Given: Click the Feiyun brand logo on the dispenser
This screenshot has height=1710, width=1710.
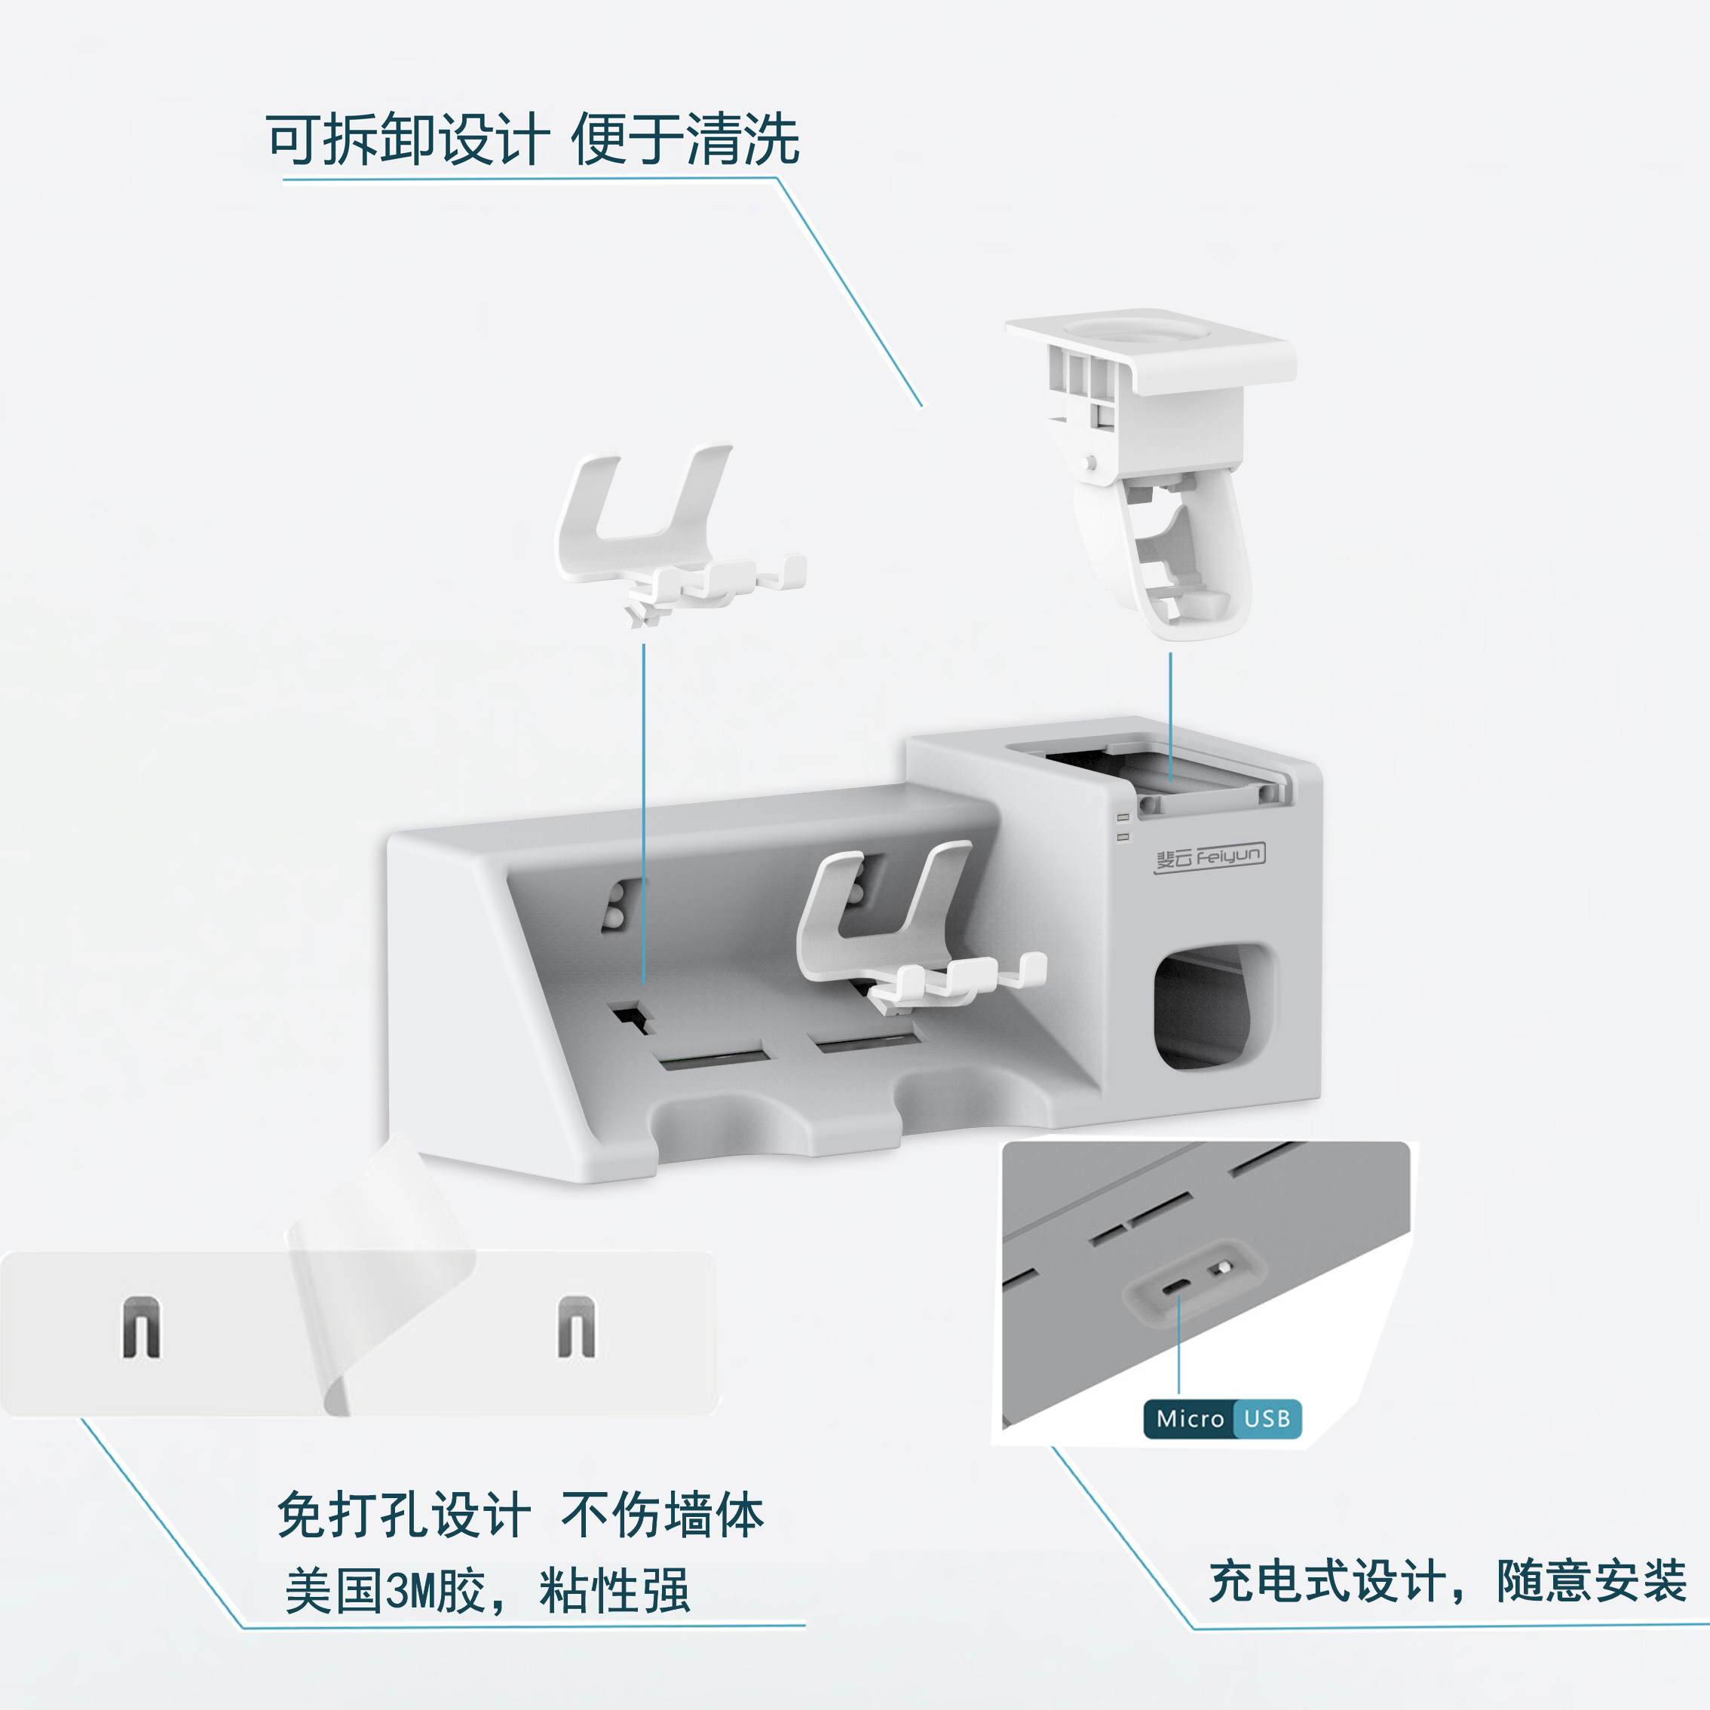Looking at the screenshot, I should (1209, 857).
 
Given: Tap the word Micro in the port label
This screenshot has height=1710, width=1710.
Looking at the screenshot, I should (1190, 1419).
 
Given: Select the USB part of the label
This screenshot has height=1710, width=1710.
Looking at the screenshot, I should (1267, 1419).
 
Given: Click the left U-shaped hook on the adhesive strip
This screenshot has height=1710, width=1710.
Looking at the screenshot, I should (142, 1327).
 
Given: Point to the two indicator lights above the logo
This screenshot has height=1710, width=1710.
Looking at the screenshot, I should (1123, 826).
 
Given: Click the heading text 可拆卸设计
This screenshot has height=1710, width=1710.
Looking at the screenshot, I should (407, 139).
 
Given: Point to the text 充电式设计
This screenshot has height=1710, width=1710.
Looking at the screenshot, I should (1328, 1581).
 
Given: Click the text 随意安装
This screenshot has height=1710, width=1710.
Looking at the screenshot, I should (1592, 1581).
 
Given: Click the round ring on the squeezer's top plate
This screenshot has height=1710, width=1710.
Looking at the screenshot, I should (1136, 330).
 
